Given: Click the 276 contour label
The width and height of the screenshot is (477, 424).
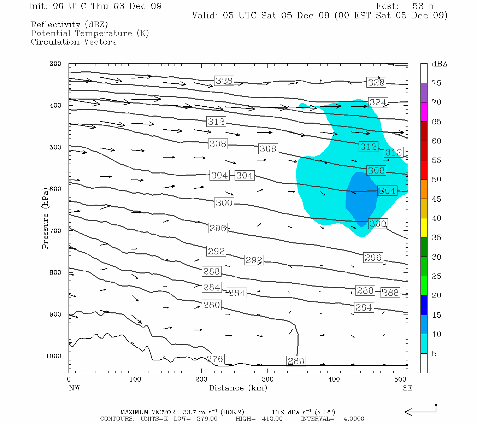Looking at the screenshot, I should coord(215,359).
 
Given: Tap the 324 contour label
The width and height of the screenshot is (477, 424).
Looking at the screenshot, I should coord(378,102).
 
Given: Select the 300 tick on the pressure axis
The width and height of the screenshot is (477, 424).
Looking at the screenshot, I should coord(55,64).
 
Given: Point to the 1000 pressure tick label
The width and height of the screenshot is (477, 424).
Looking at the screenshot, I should coord(54,356).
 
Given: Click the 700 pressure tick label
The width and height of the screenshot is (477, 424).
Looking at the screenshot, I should coord(55,231).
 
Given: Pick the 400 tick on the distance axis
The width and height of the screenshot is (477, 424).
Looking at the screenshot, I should coord(334,379).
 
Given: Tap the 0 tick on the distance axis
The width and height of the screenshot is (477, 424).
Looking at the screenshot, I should coord(69,379).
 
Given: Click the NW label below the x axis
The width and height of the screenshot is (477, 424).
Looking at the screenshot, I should coord(74,388).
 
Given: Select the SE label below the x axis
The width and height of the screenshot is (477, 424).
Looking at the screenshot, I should coord(407,388).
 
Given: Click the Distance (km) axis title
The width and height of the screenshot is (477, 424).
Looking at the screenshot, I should coord(238,388).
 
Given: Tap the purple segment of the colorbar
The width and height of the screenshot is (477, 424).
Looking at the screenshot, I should coord(424,93).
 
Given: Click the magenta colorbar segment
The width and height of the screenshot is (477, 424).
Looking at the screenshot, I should coord(424,112).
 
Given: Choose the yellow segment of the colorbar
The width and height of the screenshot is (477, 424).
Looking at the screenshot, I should coord(424,228).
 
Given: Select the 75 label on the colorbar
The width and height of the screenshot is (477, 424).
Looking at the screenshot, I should coord(437,83).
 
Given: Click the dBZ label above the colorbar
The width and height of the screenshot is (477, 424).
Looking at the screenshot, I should coord(439,64).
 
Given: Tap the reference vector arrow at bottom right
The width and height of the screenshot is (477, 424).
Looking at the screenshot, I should coord(420,411).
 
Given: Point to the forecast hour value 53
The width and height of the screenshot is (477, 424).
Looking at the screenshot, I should coord(418,6).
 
